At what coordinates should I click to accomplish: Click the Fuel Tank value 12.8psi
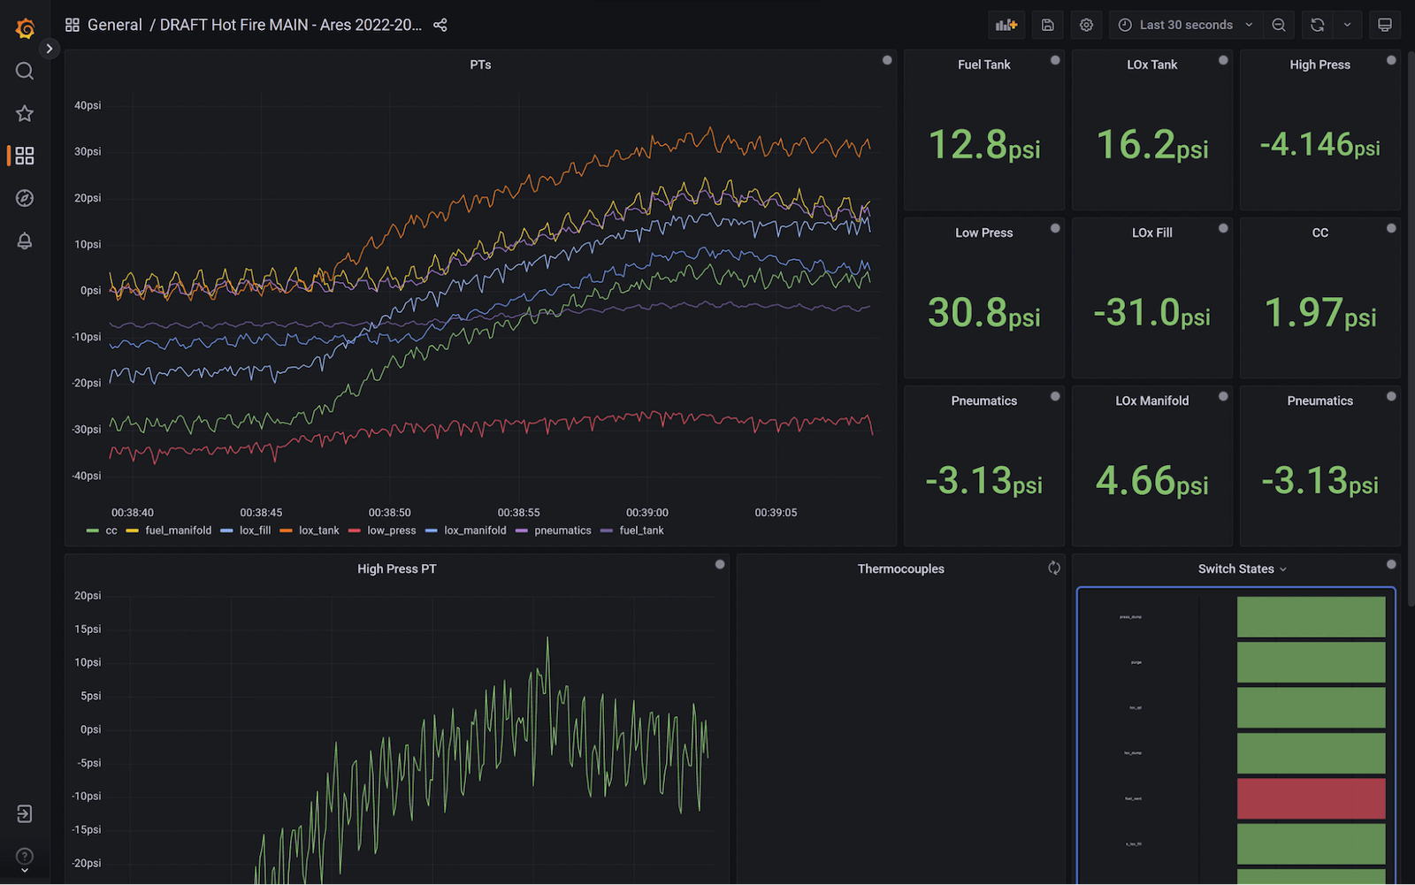(x=983, y=145)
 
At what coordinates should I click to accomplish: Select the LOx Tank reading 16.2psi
(x=1151, y=145)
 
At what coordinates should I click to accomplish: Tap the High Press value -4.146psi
(x=1319, y=145)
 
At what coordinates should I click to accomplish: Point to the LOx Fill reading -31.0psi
(x=1151, y=313)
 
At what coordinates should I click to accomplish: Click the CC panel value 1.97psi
(x=1319, y=313)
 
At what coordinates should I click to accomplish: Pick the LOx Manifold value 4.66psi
(x=1151, y=481)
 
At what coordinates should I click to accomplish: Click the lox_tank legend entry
(x=318, y=530)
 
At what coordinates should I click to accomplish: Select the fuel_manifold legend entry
(x=178, y=530)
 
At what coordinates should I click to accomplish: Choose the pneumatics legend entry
(x=562, y=530)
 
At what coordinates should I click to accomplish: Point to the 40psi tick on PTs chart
(x=88, y=105)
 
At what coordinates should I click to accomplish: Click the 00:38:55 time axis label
(x=518, y=513)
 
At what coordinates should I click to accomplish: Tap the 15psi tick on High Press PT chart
(x=88, y=629)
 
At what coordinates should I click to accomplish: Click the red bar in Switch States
(x=1311, y=798)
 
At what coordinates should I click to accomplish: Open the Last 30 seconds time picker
(x=1185, y=25)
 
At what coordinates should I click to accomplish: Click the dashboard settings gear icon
(x=1086, y=25)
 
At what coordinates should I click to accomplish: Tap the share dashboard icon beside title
(x=440, y=25)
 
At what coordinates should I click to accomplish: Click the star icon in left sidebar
(x=25, y=113)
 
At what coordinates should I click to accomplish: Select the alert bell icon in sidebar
(x=25, y=240)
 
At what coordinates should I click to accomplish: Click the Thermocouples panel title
(x=900, y=568)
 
